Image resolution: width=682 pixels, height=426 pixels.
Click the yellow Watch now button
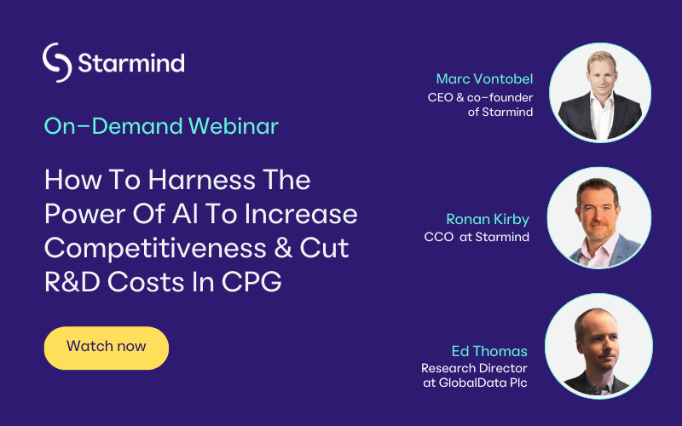click(x=106, y=348)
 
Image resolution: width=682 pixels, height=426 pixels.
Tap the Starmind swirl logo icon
click(x=57, y=62)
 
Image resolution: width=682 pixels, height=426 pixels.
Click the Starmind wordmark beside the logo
click(x=131, y=62)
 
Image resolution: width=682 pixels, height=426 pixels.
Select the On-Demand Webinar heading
click(x=161, y=126)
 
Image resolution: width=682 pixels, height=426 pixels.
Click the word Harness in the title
click(x=201, y=180)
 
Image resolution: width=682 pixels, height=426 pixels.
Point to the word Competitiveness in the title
click(x=155, y=248)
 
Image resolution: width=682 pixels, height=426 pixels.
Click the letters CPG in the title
click(x=251, y=282)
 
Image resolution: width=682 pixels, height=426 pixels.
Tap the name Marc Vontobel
click(x=484, y=78)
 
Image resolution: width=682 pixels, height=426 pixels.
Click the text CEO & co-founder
click(x=480, y=97)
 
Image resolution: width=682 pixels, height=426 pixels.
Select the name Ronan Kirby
click(x=488, y=219)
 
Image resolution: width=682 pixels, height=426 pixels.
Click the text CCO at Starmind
click(x=477, y=237)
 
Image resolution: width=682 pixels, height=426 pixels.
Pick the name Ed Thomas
click(x=489, y=351)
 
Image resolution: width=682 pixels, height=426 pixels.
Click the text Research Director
click(x=474, y=368)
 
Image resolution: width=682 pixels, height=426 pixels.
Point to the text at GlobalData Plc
click(x=476, y=383)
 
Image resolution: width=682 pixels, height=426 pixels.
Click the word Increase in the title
click(x=301, y=214)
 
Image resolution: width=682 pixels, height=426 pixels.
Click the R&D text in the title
click(x=72, y=282)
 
